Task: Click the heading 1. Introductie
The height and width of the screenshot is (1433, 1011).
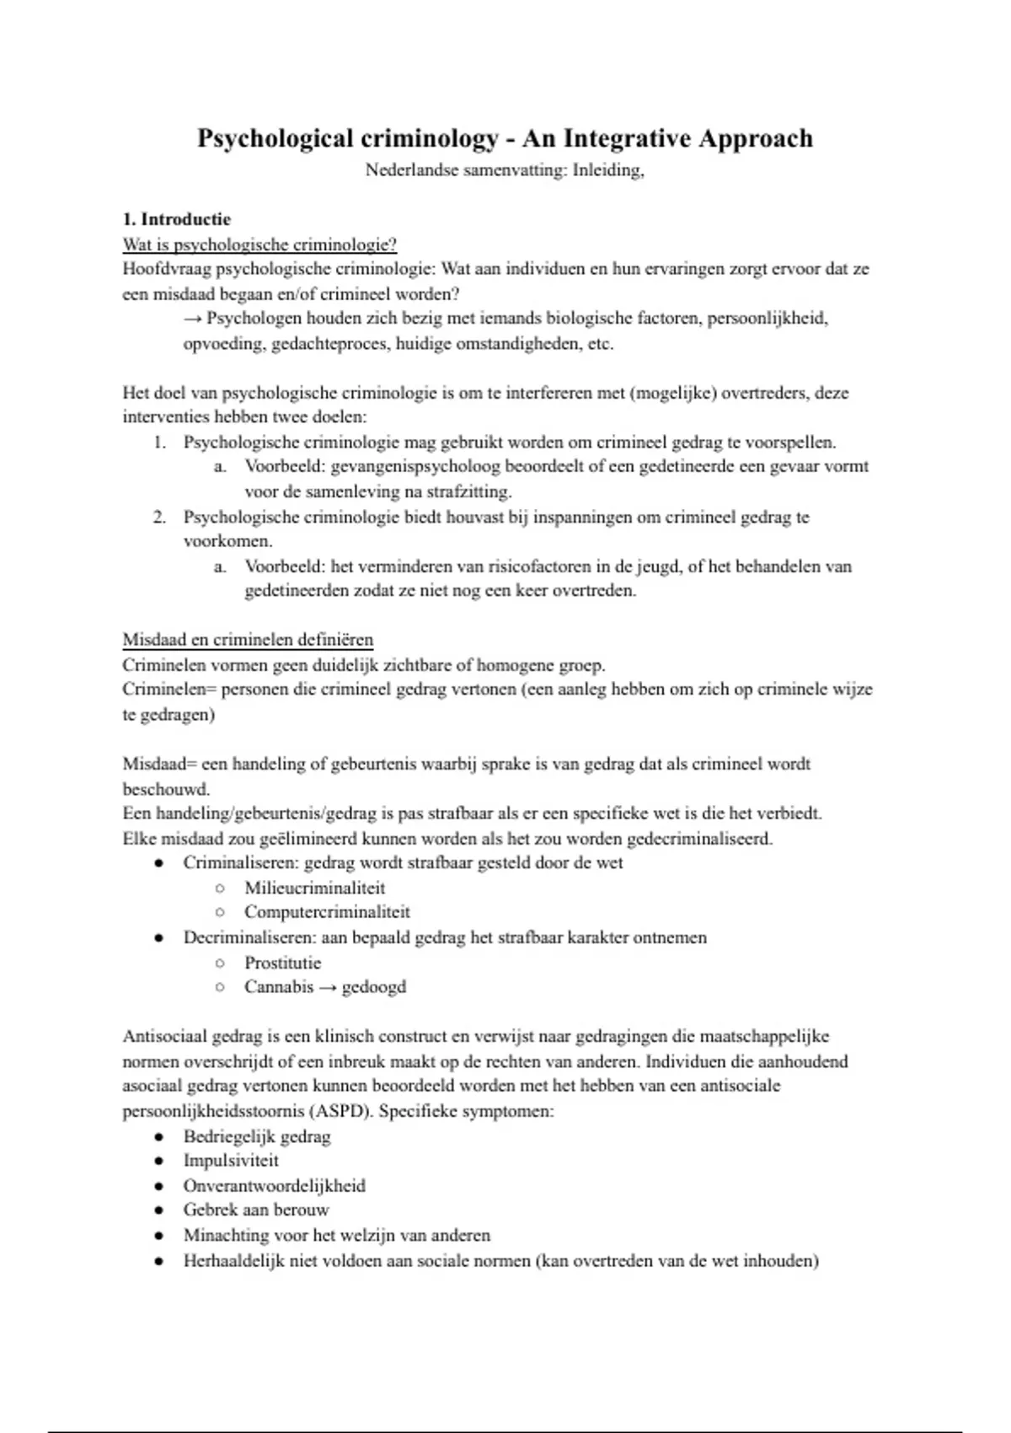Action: tap(176, 219)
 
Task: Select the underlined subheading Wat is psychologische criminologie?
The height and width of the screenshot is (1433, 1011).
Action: tap(259, 244)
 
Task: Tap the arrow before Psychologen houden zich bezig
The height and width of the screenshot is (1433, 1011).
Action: tap(193, 319)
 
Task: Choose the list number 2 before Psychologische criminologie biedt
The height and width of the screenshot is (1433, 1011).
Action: tap(159, 517)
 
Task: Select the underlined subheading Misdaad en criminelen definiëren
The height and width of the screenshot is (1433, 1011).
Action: tap(248, 640)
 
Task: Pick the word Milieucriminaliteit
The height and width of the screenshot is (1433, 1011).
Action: tap(314, 888)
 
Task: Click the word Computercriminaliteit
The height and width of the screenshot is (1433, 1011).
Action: tap(327, 912)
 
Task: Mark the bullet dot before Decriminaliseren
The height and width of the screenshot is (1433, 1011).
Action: tap(158, 937)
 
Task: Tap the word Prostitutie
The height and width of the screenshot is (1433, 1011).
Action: tap(282, 963)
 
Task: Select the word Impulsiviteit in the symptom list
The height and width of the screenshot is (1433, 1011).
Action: tap(231, 1161)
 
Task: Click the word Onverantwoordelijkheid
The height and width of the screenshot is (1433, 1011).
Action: tap(274, 1186)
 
